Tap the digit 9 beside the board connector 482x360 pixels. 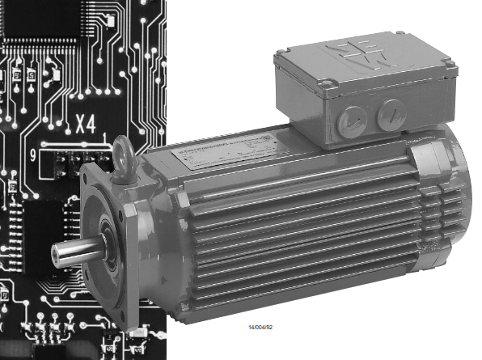(x=32, y=155)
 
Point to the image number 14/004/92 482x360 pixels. (x=262, y=328)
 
